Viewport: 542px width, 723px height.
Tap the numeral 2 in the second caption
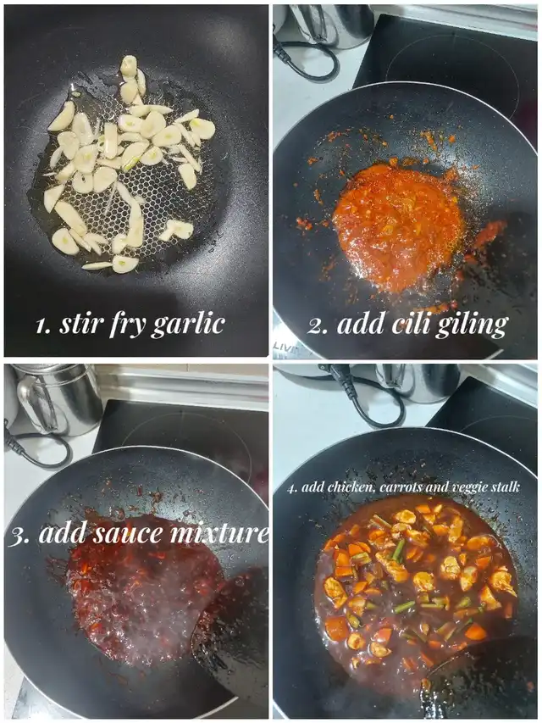coord(317,326)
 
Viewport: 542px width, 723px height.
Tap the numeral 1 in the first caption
coord(43,326)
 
